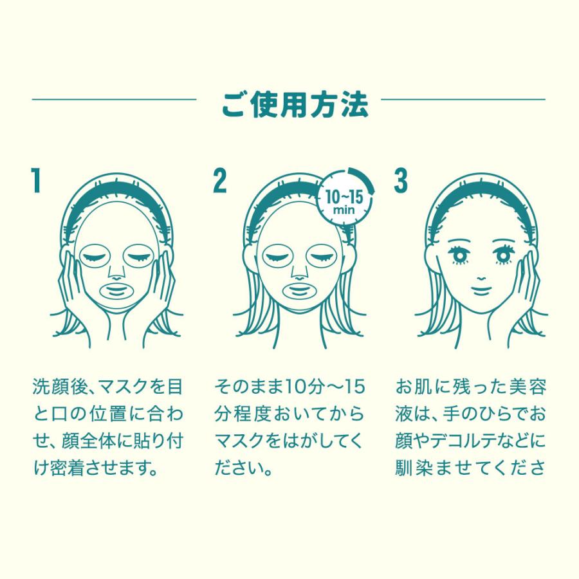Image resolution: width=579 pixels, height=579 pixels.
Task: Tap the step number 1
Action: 35,180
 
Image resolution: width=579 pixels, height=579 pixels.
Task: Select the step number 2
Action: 220,180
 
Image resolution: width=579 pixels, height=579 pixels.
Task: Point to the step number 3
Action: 401,180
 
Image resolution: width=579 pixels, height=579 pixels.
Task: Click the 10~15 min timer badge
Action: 345,196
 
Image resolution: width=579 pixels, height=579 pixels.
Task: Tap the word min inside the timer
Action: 344,210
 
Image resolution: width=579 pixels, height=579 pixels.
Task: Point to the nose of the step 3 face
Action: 481,278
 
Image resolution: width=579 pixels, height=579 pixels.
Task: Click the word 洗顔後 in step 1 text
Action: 60,386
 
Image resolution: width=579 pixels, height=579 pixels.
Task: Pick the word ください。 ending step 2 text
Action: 244,468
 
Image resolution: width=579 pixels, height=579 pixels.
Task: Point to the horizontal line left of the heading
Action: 114,99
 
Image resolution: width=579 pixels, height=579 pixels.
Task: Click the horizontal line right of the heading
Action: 463,99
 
